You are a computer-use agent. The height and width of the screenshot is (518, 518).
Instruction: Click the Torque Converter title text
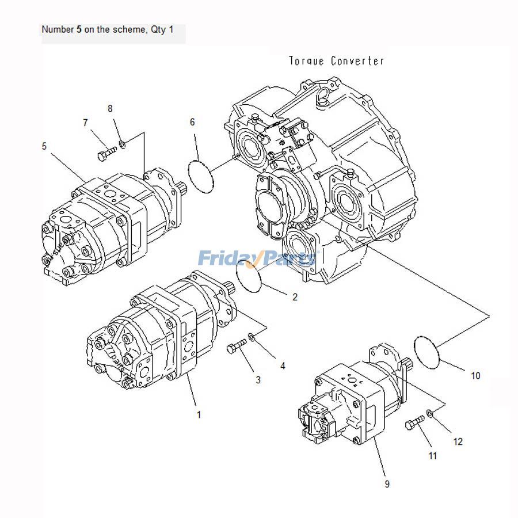point(337,61)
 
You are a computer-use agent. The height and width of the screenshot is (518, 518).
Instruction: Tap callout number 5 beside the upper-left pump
point(44,146)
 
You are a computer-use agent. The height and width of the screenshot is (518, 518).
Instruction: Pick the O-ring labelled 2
point(249,276)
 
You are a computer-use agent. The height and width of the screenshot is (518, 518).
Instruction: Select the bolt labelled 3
point(237,346)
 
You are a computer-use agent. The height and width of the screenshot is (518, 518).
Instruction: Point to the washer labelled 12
point(431,413)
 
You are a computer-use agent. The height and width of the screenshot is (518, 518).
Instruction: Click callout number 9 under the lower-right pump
point(387,484)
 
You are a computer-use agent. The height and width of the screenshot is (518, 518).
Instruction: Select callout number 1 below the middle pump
point(199,414)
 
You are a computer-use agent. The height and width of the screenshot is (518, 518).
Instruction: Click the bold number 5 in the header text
point(79,29)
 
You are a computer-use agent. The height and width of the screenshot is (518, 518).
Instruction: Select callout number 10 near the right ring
point(475,376)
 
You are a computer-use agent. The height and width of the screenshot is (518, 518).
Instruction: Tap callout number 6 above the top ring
point(192,121)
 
